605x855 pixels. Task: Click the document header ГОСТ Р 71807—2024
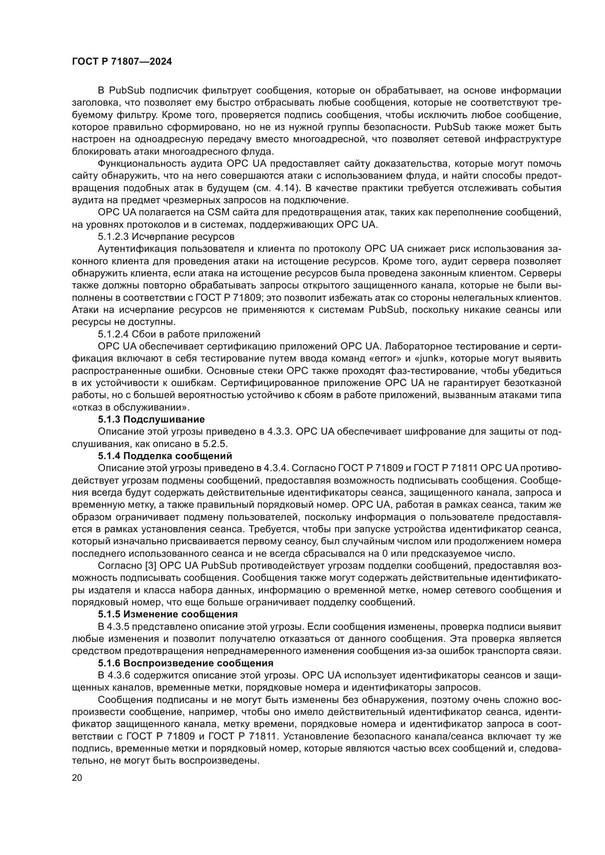click(122, 62)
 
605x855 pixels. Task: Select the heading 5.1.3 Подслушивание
click(151, 419)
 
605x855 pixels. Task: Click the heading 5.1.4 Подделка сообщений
click(165, 456)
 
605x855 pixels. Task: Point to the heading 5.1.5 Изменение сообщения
click(168, 614)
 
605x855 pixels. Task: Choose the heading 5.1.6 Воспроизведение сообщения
click(185, 663)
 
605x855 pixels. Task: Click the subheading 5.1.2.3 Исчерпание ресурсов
click(166, 237)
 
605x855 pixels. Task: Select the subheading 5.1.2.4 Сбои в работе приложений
click(179, 334)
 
